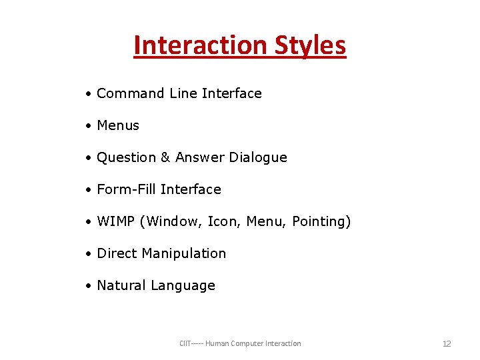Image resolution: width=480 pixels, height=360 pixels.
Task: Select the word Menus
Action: click(x=118, y=125)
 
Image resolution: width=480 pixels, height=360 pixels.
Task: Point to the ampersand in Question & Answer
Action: click(x=166, y=157)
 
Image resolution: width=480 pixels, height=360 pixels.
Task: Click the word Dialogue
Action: click(x=258, y=157)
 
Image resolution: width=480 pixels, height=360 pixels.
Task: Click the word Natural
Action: click(x=121, y=285)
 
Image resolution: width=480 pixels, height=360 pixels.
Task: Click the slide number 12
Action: click(x=447, y=344)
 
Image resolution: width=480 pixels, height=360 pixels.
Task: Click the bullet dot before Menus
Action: click(x=88, y=126)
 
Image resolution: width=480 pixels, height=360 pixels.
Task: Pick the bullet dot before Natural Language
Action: click(x=88, y=286)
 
